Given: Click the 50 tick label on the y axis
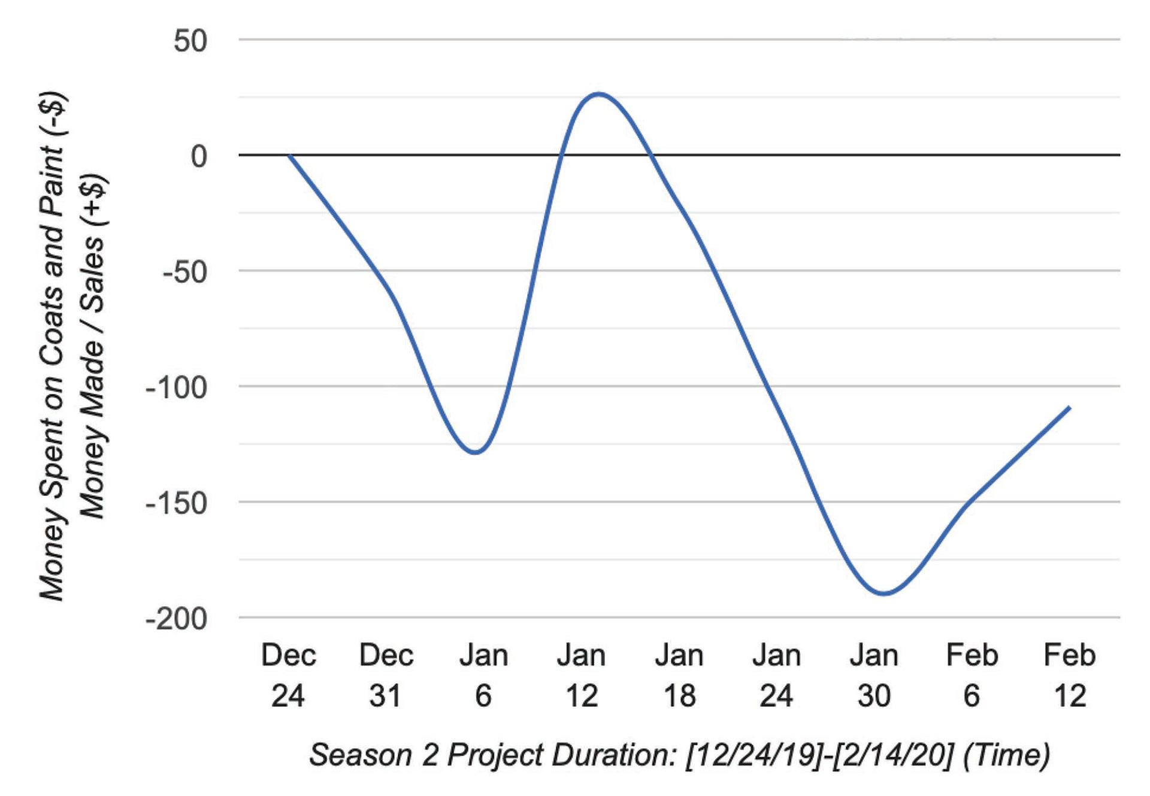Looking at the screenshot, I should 190,41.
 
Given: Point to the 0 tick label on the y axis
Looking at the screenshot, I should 199,156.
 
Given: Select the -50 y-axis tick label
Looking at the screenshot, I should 185,272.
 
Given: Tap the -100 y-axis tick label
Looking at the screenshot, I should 177,388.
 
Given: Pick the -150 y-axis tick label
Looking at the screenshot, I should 177,503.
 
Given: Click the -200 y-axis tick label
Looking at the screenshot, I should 177,619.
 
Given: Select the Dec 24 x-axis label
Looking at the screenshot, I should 288,675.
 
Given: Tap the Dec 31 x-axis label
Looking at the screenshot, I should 386,675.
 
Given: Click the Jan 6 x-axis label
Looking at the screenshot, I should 483,675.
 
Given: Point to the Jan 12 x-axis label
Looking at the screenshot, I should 581,675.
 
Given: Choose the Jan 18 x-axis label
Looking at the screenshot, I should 679,675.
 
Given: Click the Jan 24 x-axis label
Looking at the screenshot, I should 776,675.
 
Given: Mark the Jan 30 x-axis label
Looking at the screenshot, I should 874,675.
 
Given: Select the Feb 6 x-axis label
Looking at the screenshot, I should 972,675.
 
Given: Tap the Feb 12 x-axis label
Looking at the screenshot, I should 1070,675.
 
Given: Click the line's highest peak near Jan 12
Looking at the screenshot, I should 598,94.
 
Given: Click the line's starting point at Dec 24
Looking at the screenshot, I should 289,155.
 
